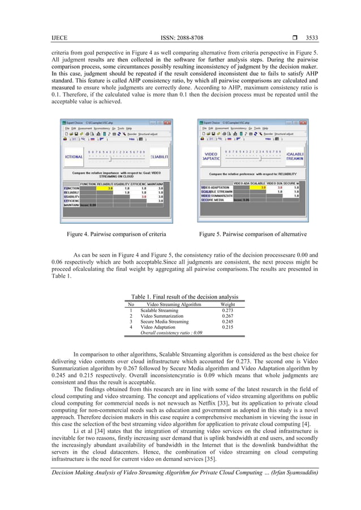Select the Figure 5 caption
click(252, 234)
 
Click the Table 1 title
click(184, 297)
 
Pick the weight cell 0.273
click(227, 310)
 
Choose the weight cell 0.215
click(227, 327)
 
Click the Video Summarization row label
click(160, 316)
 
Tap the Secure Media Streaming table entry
click(165, 322)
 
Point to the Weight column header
click(227, 304)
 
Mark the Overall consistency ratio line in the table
click(171, 333)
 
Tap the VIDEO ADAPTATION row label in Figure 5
click(215, 187)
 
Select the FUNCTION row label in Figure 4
click(71, 188)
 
